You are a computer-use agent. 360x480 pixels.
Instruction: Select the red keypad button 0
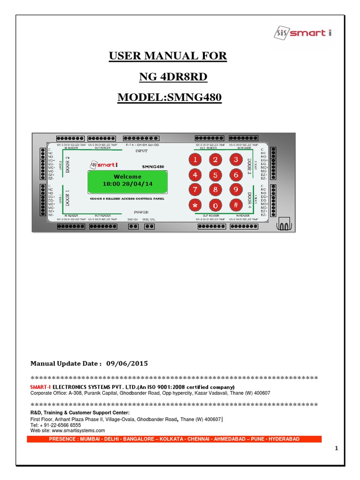215,205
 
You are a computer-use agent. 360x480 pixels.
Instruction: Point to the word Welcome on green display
127,177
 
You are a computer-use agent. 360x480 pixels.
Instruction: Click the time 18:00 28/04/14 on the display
127,184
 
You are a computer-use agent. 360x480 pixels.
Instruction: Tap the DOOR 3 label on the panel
249,166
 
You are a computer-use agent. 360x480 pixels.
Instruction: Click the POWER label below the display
141,212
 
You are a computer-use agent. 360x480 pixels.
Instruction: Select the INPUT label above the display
141,151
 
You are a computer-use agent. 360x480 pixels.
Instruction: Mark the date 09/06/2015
127,363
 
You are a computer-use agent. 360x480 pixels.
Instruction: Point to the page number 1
337,449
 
